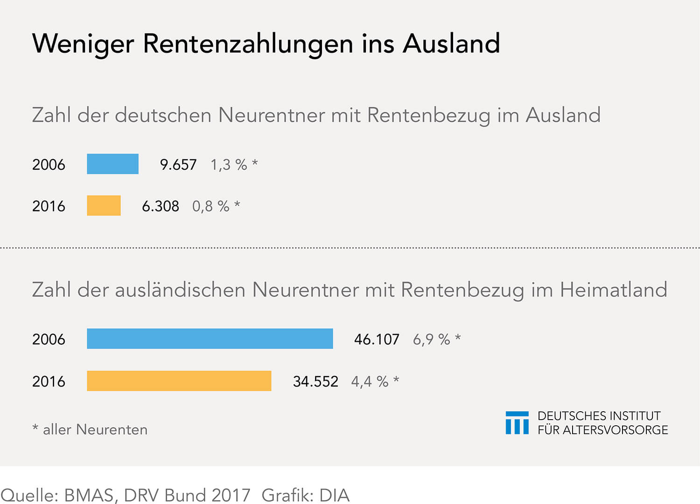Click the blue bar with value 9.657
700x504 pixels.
click(x=112, y=164)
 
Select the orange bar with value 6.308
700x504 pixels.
click(x=104, y=206)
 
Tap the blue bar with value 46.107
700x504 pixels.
click(x=210, y=338)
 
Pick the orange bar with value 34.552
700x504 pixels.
click(x=179, y=381)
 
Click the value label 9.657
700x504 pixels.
click(x=178, y=165)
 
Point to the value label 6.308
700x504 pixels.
click(x=160, y=206)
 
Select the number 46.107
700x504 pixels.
click(x=377, y=339)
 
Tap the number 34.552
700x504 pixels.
click(x=315, y=381)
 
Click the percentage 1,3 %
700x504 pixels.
click(x=229, y=165)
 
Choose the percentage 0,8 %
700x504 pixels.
click(x=211, y=206)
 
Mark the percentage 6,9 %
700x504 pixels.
click(x=431, y=339)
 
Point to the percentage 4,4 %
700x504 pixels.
click(x=370, y=381)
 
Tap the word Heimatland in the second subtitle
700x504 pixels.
click(x=613, y=290)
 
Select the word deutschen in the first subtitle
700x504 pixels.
click(x=163, y=115)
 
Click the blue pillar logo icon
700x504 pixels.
click(x=517, y=423)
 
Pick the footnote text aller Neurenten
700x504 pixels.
click(x=95, y=429)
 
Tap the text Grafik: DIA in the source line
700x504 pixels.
click(x=305, y=495)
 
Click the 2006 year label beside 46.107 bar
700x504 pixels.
click(x=49, y=339)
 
